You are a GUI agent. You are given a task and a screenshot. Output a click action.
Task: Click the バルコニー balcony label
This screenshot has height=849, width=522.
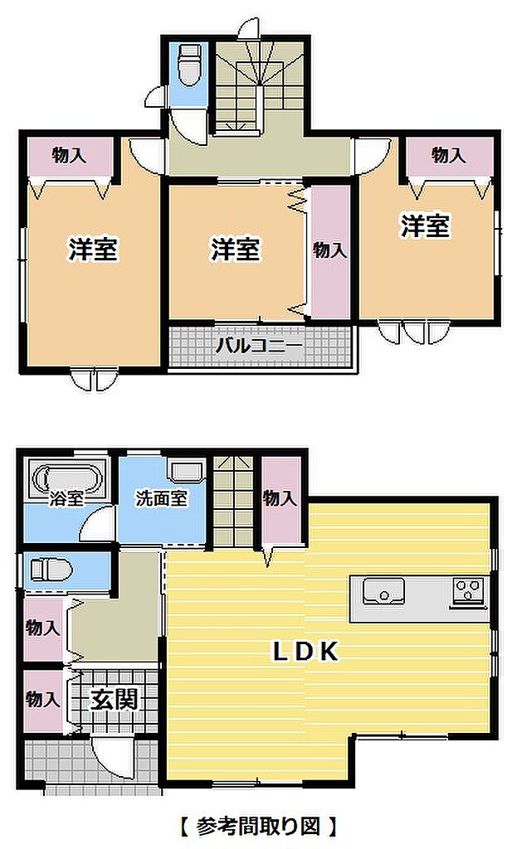pos(259,345)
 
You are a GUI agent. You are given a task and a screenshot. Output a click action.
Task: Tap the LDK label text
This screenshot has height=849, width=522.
pos(305,652)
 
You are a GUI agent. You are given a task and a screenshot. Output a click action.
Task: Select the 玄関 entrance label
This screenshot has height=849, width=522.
pos(115,700)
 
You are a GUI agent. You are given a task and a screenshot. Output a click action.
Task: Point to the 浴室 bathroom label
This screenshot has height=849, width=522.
pos(66,498)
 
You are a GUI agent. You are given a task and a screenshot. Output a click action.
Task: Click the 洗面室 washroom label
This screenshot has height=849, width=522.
pos(162,498)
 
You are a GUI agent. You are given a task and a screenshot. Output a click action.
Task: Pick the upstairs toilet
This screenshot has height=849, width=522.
pos(189,65)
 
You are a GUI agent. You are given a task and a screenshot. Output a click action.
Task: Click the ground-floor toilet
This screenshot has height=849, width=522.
pos(51,570)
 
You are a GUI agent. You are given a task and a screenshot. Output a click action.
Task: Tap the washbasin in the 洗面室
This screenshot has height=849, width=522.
pos(187,471)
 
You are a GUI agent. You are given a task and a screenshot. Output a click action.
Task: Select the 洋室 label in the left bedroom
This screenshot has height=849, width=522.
pos(93,250)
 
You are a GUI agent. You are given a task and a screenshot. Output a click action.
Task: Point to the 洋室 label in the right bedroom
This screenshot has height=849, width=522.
pos(426,226)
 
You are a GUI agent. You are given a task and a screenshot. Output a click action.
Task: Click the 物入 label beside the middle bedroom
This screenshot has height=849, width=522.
pos(330,250)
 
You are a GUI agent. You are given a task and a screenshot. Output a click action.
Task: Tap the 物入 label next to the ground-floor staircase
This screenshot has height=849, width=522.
pos(281,498)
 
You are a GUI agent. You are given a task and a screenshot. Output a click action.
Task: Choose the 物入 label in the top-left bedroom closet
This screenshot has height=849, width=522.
pos(69,156)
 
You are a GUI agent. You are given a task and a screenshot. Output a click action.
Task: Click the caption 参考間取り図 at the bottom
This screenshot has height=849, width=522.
pos(258,827)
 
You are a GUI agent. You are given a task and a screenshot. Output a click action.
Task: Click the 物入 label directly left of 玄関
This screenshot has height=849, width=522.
pos(42,699)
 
